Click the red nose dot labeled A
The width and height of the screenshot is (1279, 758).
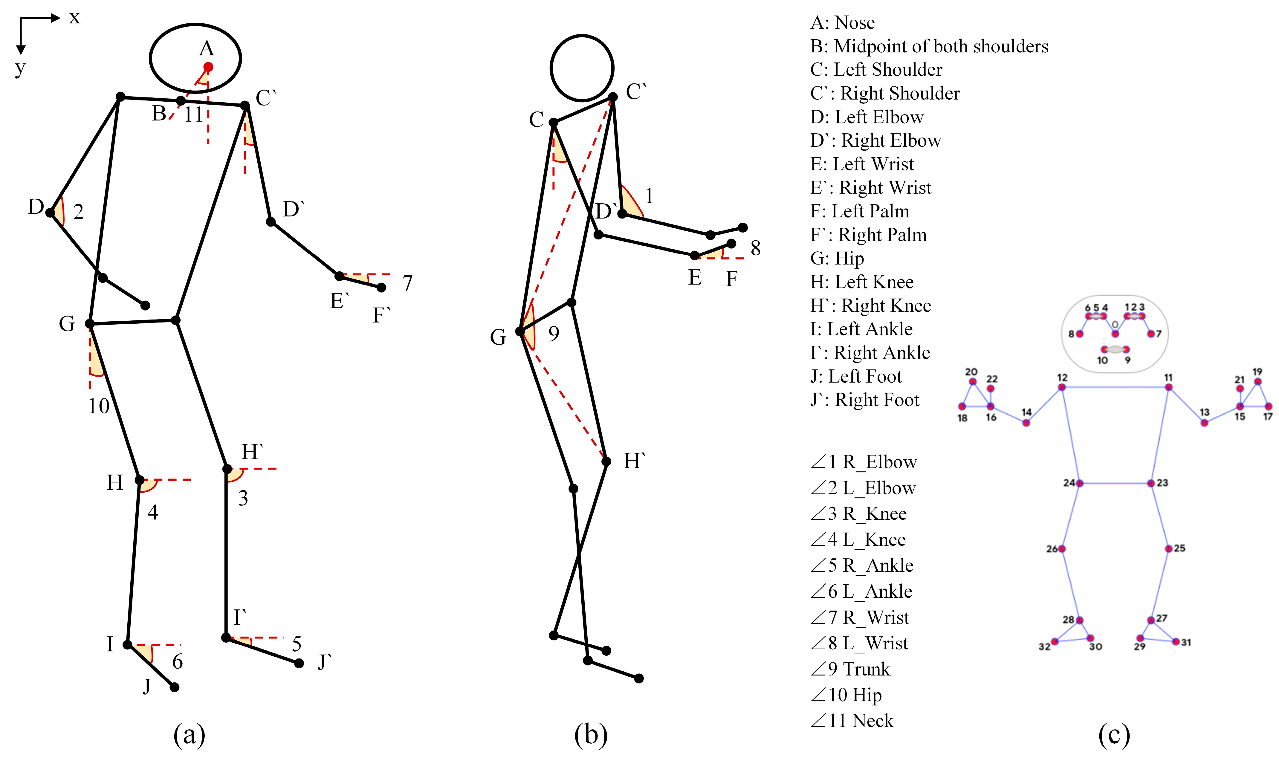(x=208, y=67)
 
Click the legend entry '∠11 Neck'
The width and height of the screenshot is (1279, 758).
(x=852, y=720)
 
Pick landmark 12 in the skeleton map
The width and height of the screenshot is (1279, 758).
(x=1062, y=387)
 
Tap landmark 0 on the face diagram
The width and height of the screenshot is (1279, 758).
(x=1115, y=334)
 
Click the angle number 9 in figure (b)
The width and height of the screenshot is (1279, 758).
(x=554, y=334)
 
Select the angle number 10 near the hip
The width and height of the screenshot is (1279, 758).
(x=99, y=406)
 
